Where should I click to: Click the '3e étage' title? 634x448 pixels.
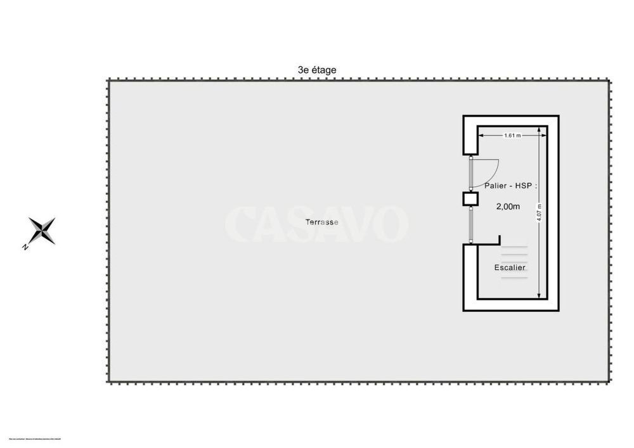(x=317, y=70)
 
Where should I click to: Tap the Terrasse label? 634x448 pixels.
(x=321, y=222)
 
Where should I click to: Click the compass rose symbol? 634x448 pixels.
(x=42, y=230)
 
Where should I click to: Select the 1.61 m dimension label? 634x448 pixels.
(x=512, y=135)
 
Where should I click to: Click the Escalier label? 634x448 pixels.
(x=510, y=267)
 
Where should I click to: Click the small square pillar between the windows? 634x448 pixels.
(x=470, y=199)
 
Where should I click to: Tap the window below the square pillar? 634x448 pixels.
(x=470, y=224)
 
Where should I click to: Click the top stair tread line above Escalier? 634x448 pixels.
(x=514, y=246)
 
